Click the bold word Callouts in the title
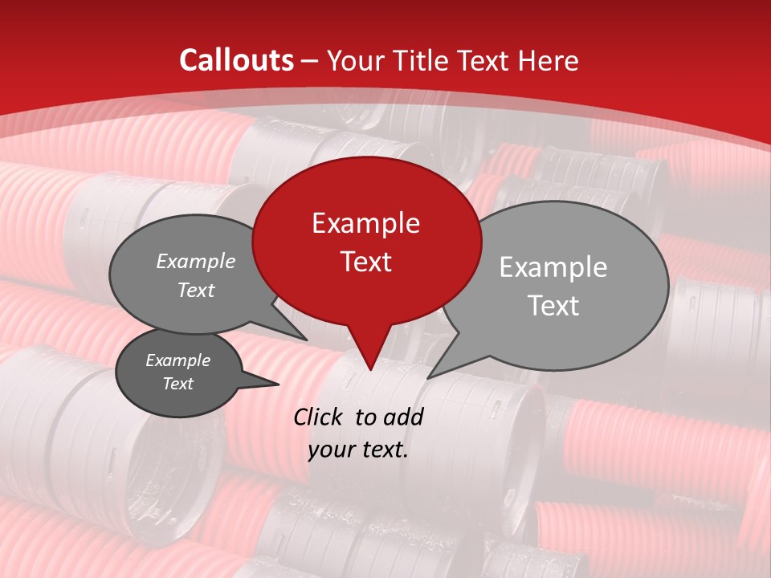236,60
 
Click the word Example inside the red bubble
365,223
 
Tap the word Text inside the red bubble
365,262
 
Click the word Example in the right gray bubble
553,267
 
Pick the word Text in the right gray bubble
553,306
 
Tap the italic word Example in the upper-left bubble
195,262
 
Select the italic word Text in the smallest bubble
177,384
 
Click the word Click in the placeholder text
320,417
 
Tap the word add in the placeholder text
403,417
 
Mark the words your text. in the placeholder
357,450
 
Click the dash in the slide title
310,60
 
